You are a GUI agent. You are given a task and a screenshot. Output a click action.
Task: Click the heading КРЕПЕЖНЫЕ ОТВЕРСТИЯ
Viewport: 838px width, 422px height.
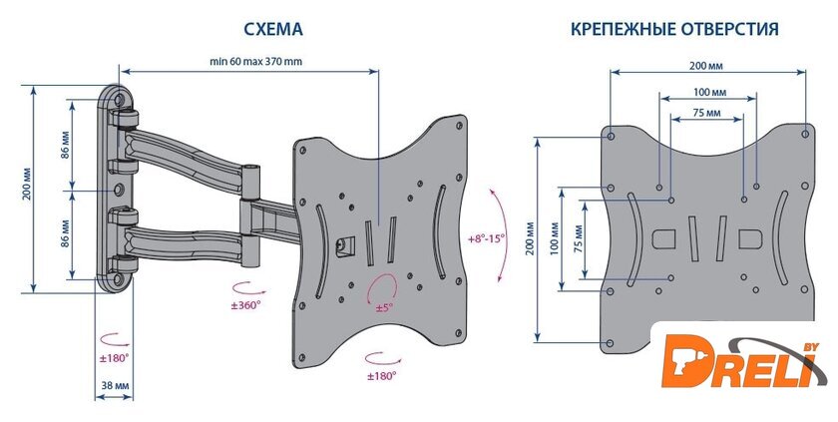674,31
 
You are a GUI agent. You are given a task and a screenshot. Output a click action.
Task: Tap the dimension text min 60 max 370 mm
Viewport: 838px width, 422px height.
255,62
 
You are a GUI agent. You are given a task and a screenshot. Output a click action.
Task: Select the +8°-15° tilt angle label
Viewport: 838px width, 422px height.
487,238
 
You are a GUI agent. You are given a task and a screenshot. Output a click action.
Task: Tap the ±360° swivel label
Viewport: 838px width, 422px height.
243,305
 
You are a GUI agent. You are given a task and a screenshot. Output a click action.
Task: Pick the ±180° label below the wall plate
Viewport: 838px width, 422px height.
114,356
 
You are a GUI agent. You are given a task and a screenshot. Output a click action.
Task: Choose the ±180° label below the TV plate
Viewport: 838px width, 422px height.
381,375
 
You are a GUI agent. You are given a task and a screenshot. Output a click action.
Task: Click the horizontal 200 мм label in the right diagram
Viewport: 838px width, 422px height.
706,65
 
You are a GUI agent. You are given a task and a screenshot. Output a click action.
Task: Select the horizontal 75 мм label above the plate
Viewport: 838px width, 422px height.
706,114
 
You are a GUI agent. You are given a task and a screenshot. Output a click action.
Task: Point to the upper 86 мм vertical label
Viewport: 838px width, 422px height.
65,146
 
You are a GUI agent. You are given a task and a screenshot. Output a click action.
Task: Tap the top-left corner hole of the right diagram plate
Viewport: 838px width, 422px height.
611,134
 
